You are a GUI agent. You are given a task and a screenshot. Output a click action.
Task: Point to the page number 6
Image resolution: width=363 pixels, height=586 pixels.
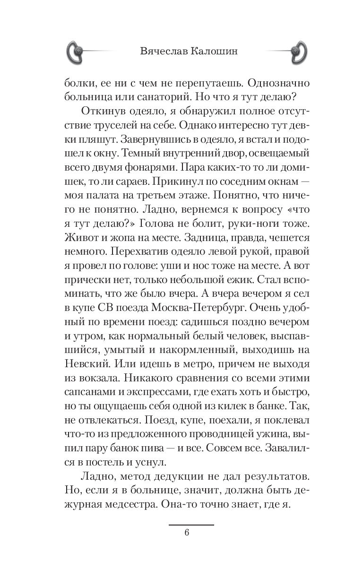pos(187,533)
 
